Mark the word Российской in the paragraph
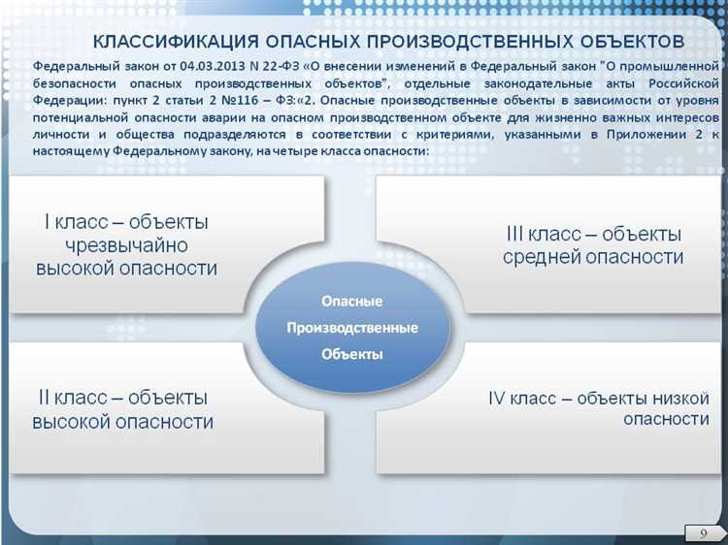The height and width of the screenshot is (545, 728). tap(679, 82)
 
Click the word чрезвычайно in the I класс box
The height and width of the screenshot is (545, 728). tap(126, 245)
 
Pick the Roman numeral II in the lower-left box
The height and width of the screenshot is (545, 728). tap(45, 398)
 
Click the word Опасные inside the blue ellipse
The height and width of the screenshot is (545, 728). tap(352, 302)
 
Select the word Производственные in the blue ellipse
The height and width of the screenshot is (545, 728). tap(352, 328)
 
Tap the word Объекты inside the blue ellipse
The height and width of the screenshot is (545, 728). tap(352, 354)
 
